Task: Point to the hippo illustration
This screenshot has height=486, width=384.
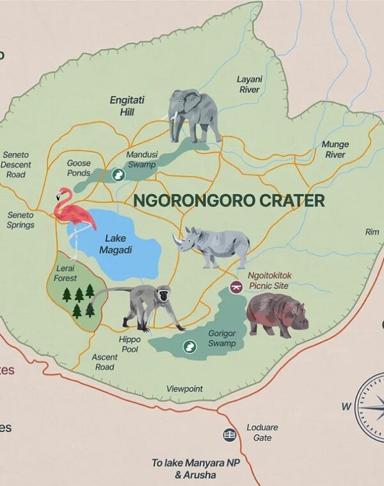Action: coord(276,314)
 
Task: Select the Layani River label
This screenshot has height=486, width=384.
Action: coord(250,85)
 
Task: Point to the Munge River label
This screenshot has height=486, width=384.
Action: coord(335,149)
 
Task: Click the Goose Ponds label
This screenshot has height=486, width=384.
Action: coord(79,168)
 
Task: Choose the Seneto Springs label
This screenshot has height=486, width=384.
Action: coord(20,220)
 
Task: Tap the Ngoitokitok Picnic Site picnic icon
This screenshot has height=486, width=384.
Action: coord(236,287)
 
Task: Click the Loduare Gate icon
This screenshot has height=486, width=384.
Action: coord(230,435)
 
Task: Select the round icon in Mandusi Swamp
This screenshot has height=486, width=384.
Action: coord(118,174)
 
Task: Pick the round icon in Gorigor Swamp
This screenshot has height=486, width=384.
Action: coord(189,347)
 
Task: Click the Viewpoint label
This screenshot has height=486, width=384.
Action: coord(184,389)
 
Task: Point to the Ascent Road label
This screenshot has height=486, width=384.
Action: coord(104,362)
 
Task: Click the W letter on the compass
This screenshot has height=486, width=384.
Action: coord(346,406)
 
